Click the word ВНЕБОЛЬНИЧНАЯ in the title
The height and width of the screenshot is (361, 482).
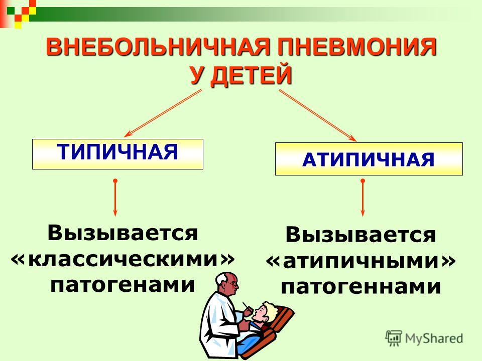click(x=158, y=47)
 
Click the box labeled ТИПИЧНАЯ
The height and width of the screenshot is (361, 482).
click(x=117, y=154)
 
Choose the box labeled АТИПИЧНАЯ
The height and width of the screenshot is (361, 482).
click(x=369, y=159)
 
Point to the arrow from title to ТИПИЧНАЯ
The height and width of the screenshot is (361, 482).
click(x=163, y=113)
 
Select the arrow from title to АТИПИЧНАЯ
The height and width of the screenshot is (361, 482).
click(x=318, y=115)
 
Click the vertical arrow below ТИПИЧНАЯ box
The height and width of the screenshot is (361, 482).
click(x=115, y=198)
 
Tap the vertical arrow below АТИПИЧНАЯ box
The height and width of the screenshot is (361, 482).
click(x=363, y=198)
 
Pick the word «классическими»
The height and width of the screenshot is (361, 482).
click(x=123, y=259)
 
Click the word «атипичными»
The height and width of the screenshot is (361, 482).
click(x=361, y=262)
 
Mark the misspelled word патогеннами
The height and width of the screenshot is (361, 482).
click(x=361, y=287)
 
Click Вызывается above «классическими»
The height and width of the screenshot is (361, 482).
click(x=123, y=233)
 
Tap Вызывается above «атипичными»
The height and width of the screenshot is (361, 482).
click(x=361, y=235)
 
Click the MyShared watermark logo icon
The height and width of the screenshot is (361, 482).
click(x=394, y=338)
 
